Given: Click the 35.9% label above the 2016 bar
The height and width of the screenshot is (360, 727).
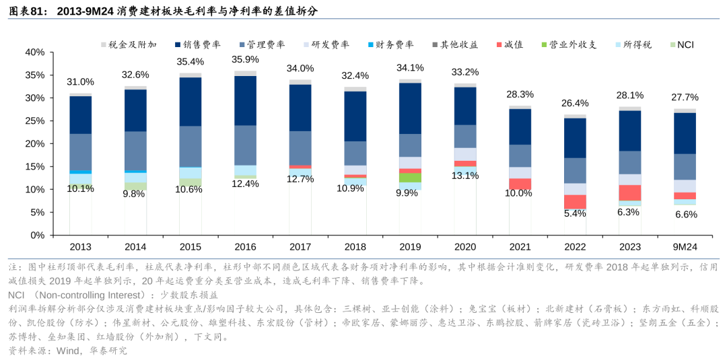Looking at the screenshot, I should (x=245, y=59).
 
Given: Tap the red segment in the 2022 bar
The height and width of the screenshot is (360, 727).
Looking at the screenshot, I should (x=575, y=201).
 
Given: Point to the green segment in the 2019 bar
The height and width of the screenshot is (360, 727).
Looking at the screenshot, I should (x=410, y=178).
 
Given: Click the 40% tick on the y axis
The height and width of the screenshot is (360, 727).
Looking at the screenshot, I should (x=34, y=52).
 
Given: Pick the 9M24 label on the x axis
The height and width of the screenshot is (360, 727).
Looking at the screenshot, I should (x=685, y=247).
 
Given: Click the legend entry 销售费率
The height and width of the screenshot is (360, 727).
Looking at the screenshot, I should (x=196, y=44).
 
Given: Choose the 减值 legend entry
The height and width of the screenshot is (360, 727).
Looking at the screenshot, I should (x=511, y=44).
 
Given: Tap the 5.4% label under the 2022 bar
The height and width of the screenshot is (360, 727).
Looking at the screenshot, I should (x=575, y=213).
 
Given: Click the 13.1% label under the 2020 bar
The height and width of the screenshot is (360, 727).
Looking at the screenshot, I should (x=465, y=176).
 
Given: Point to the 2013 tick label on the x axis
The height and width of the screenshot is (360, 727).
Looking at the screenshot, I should (x=81, y=247).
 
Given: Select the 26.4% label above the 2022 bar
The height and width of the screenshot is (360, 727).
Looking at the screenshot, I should (x=575, y=103).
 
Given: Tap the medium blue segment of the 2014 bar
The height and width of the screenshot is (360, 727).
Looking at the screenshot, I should (x=135, y=151).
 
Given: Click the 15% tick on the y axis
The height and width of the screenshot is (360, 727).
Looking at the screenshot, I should (x=34, y=166).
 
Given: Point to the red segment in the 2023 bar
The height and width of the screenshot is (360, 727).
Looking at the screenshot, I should (x=630, y=192).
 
